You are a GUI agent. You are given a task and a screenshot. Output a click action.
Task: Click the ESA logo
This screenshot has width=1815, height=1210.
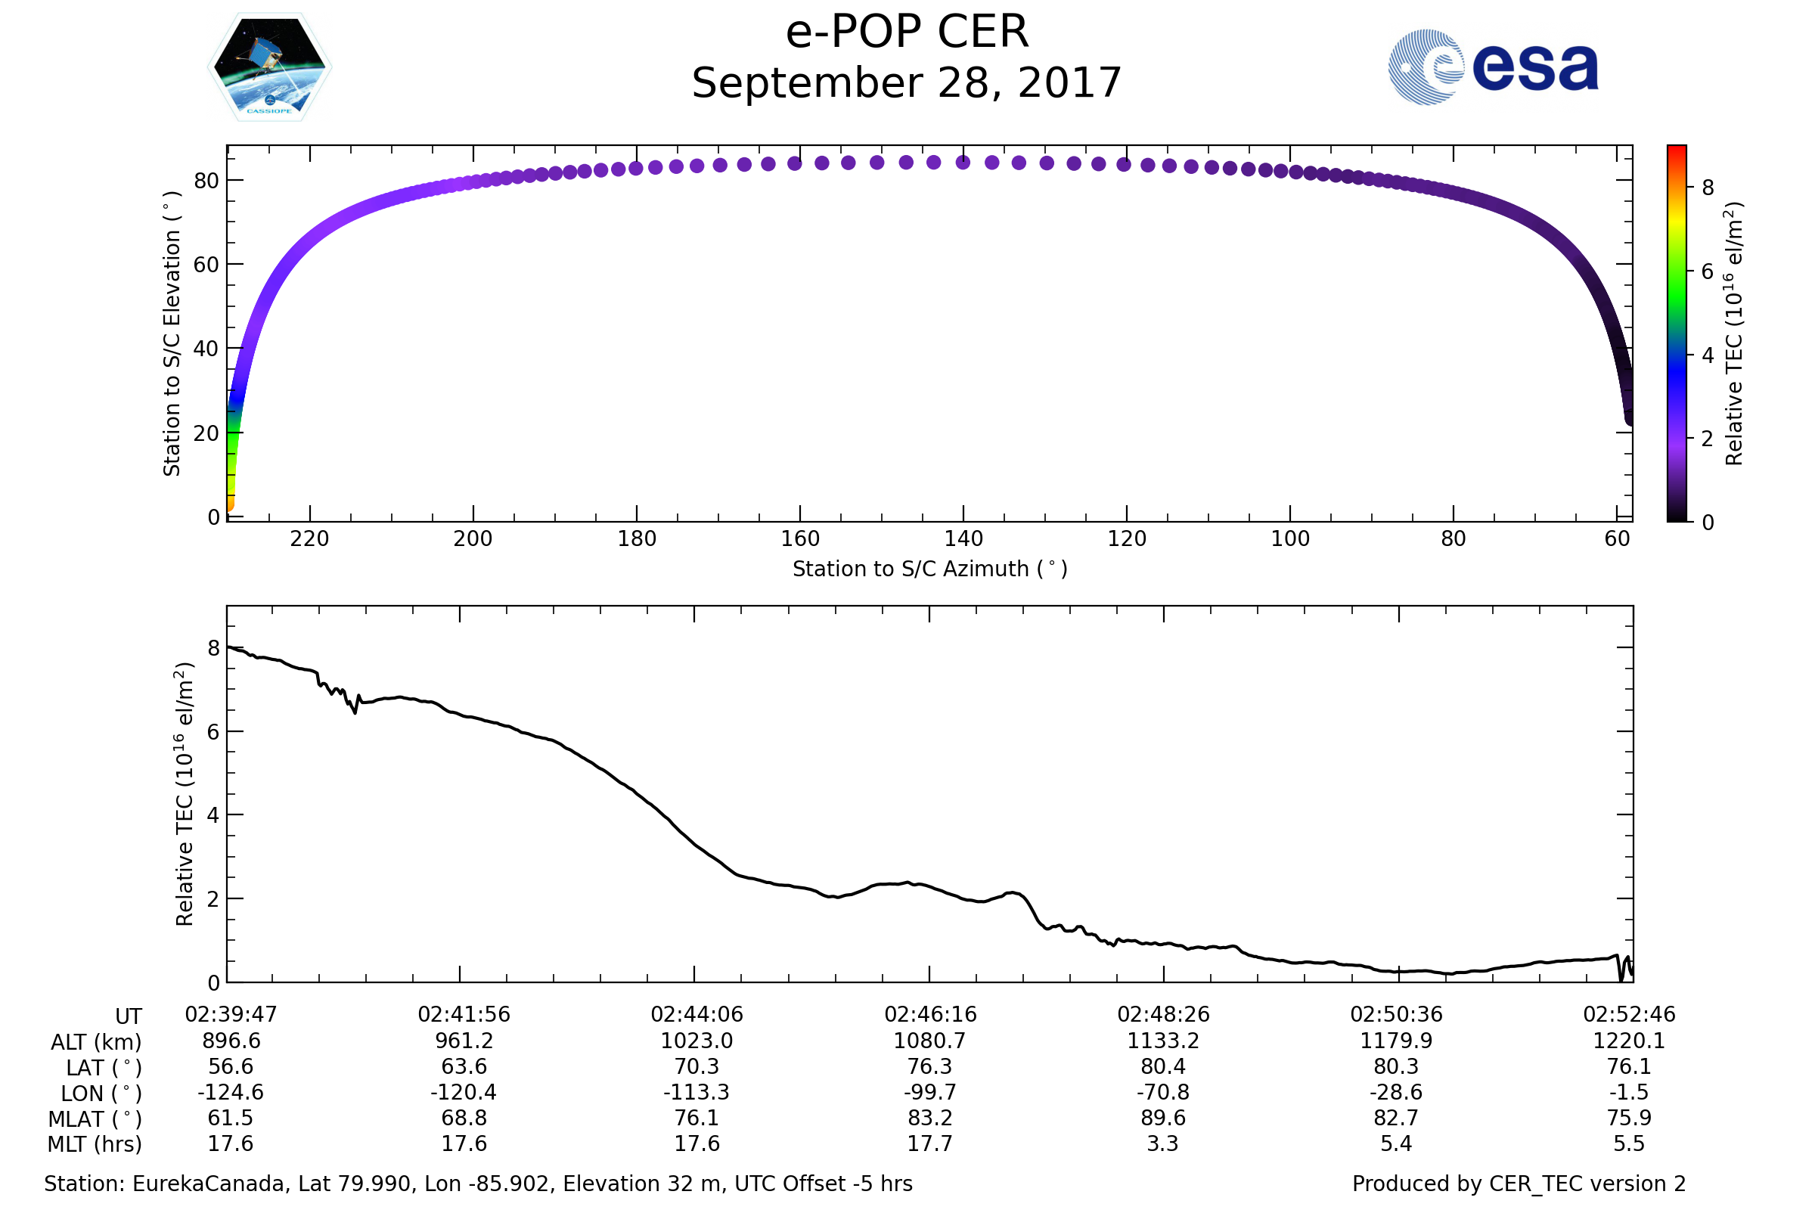(x=1492, y=67)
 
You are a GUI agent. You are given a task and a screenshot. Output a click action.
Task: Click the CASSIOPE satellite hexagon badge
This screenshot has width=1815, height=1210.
(x=269, y=67)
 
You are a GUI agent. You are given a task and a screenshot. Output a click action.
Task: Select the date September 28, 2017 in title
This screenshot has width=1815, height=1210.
(x=906, y=83)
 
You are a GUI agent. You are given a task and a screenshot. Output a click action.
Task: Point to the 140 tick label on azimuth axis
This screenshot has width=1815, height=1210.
(x=963, y=538)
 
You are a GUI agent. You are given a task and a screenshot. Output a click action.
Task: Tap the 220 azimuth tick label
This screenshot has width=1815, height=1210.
(x=309, y=538)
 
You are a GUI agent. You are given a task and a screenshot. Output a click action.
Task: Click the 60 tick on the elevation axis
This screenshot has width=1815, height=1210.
(x=206, y=265)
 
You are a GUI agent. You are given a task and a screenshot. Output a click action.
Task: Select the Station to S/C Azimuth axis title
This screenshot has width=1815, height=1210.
(x=930, y=569)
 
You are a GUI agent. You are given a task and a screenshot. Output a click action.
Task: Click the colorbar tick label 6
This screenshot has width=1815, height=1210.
(x=1708, y=271)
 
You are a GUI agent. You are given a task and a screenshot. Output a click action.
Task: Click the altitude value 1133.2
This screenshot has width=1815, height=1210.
(x=1163, y=1041)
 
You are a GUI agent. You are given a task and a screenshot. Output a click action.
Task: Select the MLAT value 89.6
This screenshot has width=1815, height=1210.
(x=1163, y=1118)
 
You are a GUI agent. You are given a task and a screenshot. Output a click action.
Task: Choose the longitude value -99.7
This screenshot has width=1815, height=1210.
(x=930, y=1093)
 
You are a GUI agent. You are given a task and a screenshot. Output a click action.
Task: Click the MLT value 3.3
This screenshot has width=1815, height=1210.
(x=1163, y=1143)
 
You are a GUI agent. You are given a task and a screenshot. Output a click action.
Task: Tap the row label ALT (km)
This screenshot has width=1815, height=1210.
(x=97, y=1043)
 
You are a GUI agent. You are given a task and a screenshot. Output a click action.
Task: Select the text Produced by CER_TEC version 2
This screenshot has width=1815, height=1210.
(x=1519, y=1184)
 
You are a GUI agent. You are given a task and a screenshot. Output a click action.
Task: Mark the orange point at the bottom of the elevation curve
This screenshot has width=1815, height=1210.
(x=229, y=506)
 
